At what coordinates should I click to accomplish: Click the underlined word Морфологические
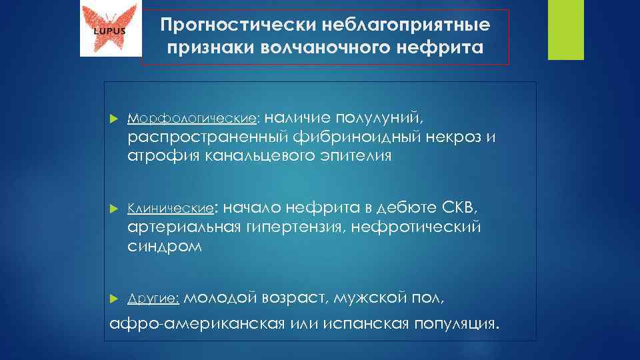coord(192,118)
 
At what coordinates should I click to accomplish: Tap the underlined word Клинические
coord(171,208)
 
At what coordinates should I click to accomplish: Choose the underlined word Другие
coord(153,299)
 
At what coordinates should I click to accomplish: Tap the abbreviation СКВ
coord(459,207)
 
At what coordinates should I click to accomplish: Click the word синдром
coord(163,246)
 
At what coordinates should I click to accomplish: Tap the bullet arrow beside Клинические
coord(112,209)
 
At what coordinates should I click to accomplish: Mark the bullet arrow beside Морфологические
coord(112,119)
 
